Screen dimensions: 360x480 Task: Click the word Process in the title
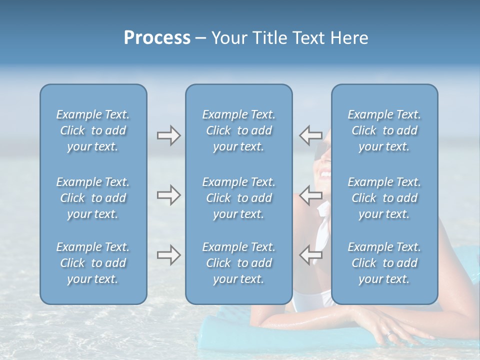tap(157, 38)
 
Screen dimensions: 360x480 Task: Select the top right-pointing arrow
tap(168, 135)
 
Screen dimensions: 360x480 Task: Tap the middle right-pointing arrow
tap(168, 195)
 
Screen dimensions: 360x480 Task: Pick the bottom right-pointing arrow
tap(168, 255)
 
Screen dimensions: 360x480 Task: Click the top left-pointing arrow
tap(310, 135)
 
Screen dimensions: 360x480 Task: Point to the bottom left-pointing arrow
tap(310, 255)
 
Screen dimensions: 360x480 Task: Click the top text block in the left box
tap(93, 130)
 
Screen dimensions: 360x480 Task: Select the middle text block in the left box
tap(93, 198)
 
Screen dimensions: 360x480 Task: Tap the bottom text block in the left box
tap(93, 263)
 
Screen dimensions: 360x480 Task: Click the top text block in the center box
tap(238, 130)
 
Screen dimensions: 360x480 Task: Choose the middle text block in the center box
tap(238, 198)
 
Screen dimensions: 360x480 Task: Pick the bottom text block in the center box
tap(238, 263)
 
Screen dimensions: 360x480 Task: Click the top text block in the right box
tap(384, 130)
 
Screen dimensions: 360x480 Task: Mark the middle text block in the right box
tap(384, 198)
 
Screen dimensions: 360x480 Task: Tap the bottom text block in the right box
tap(384, 263)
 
